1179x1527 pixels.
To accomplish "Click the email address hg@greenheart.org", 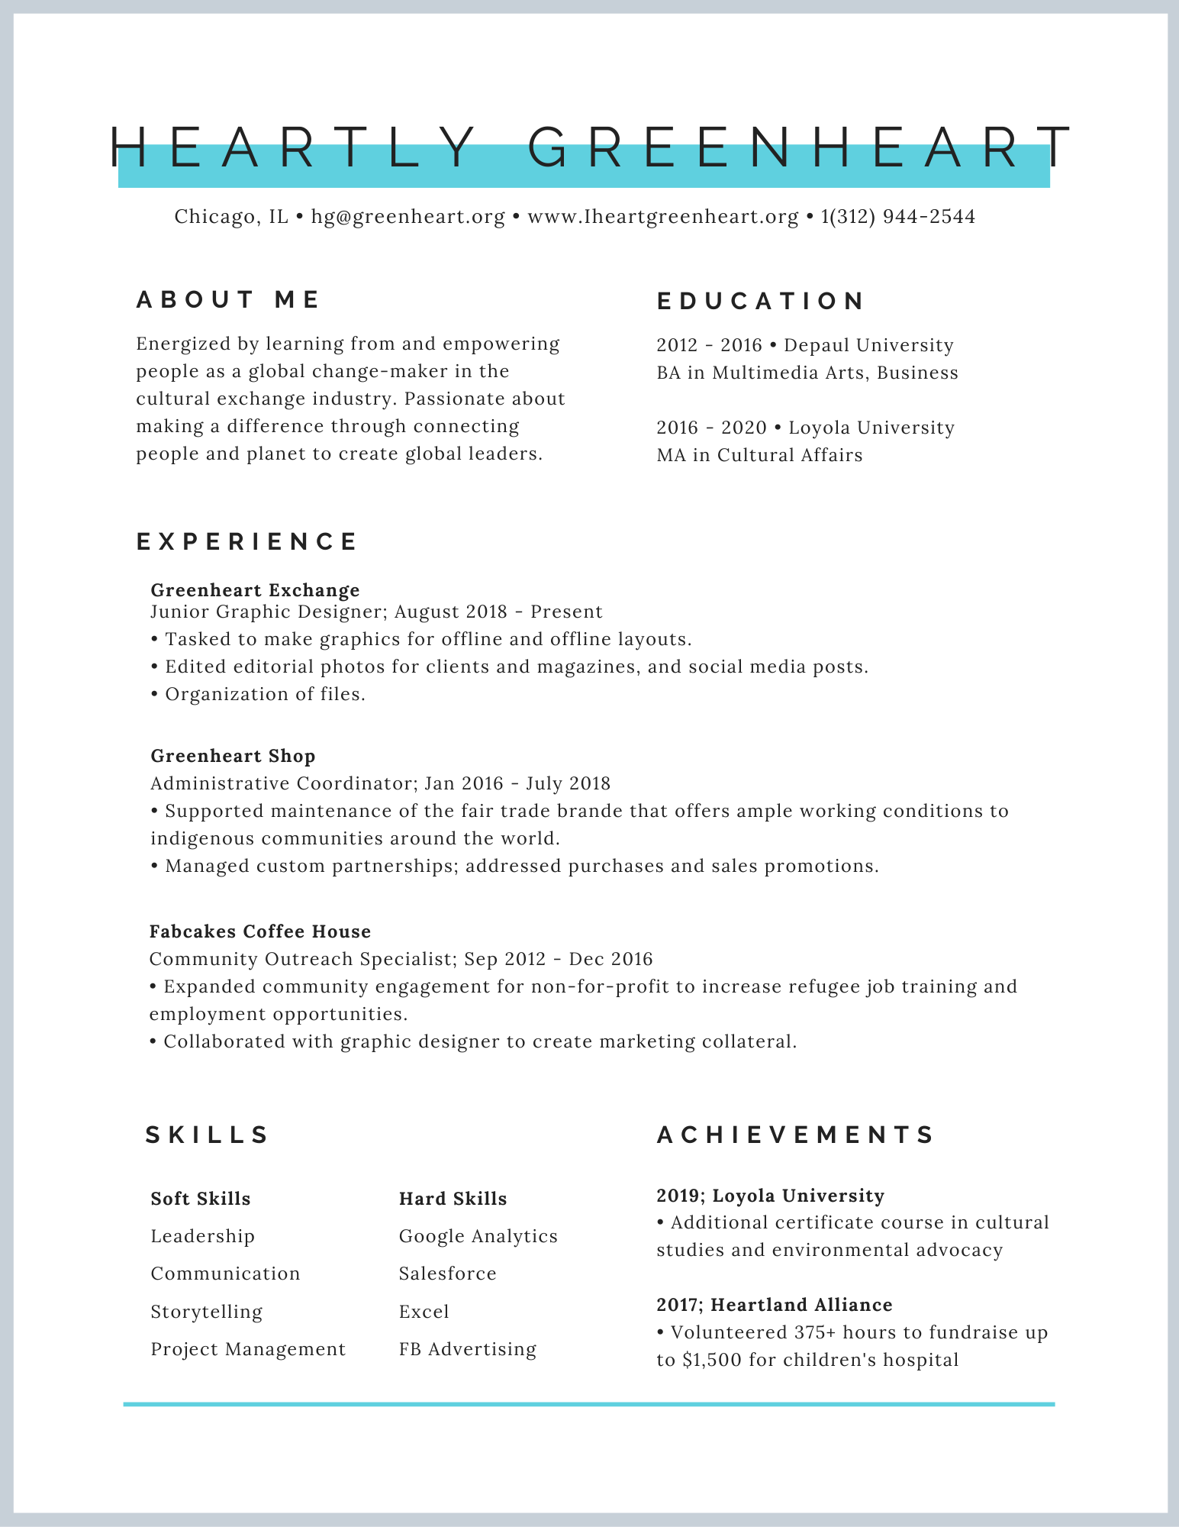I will pyautogui.click(x=408, y=217).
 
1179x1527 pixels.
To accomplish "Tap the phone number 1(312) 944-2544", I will pyautogui.click(x=897, y=217).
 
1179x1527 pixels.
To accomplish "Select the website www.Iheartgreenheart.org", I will pyautogui.click(x=662, y=217).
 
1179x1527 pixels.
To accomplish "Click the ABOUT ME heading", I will pyautogui.click(x=228, y=300).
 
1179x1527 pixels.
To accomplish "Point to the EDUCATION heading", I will pyautogui.click(x=760, y=302).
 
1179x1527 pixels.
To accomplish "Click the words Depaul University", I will pyautogui.click(x=868, y=346).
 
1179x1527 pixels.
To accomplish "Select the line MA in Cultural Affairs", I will pyautogui.click(x=759, y=456).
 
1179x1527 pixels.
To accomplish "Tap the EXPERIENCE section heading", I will pyautogui.click(x=246, y=542).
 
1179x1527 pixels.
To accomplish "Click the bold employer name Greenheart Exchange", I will pyautogui.click(x=255, y=590).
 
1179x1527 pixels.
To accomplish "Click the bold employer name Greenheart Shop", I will pyautogui.click(x=233, y=756).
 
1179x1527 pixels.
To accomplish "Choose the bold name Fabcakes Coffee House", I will pyautogui.click(x=260, y=931).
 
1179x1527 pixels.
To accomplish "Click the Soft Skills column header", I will pyautogui.click(x=201, y=1199).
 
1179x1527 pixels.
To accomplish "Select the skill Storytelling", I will pyautogui.click(x=206, y=1312).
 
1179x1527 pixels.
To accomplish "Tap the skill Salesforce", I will pyautogui.click(x=447, y=1274).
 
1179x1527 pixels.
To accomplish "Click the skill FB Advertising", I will pyautogui.click(x=467, y=1349).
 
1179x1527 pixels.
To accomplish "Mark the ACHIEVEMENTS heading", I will pyautogui.click(x=795, y=1135).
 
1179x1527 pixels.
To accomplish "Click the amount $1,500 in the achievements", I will pyautogui.click(x=713, y=1360).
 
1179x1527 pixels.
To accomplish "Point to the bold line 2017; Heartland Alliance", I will pyautogui.click(x=774, y=1305).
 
